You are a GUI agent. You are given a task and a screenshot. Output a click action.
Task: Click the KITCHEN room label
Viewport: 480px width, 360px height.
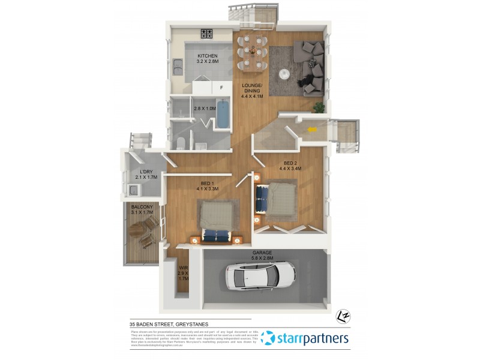pos(207,56)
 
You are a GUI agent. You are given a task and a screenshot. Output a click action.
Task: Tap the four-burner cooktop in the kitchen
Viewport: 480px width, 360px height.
pos(208,34)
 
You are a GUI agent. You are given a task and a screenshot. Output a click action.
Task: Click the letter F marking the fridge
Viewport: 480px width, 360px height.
pos(221,88)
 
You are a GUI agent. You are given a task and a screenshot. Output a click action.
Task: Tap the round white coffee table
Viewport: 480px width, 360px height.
pos(286,74)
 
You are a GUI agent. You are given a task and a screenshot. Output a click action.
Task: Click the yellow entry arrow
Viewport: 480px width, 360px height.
pos(311,128)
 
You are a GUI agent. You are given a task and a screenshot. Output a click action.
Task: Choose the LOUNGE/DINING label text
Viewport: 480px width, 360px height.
pos(252,88)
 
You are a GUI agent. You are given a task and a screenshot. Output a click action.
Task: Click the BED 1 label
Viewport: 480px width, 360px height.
pos(207,184)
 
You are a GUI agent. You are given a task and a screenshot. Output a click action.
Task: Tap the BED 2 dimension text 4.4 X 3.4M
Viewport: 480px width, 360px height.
pos(290,169)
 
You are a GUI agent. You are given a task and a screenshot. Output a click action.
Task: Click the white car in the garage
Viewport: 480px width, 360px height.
pos(261,276)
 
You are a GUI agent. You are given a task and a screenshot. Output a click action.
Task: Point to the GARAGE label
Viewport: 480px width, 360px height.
pos(262,253)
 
